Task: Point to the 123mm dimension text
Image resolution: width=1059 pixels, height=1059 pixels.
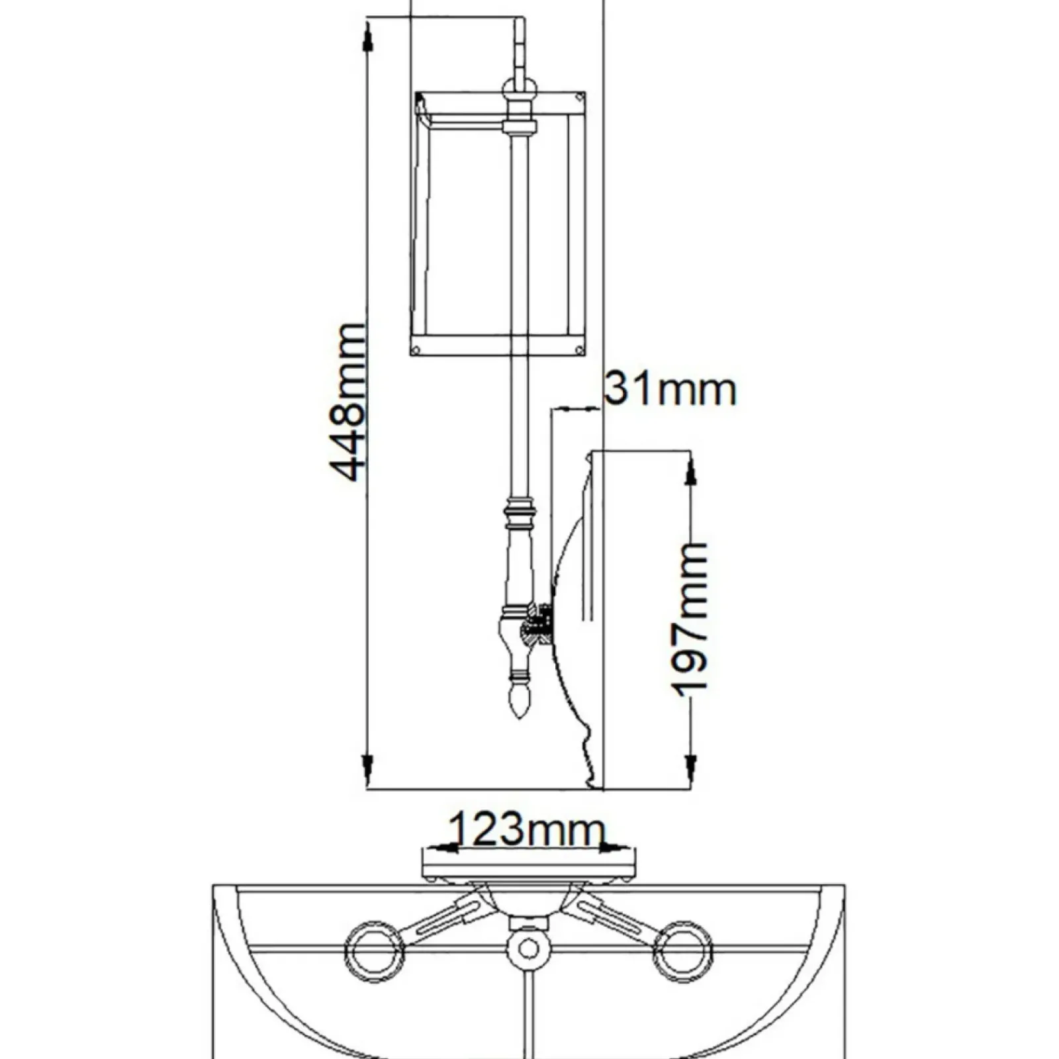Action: point(528,829)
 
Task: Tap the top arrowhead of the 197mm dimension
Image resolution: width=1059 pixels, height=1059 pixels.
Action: point(690,469)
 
